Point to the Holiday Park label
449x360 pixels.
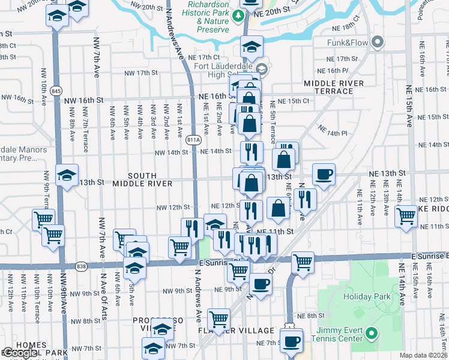tap(367, 296)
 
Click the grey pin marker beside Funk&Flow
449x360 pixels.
tap(378, 42)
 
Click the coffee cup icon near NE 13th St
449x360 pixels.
tap(324, 174)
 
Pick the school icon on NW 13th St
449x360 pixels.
tap(67, 176)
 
